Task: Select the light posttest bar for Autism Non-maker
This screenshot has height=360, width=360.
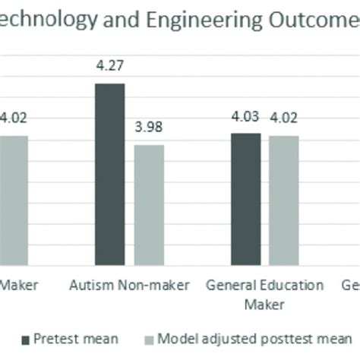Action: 149,205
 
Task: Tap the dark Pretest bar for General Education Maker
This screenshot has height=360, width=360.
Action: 246,199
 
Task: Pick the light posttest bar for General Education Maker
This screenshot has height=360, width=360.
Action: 283,201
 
